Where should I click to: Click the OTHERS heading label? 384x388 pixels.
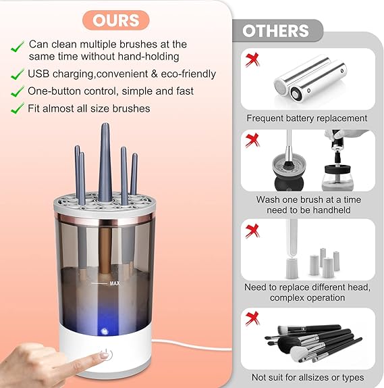coord(275,31)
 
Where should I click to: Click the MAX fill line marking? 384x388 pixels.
coord(115,285)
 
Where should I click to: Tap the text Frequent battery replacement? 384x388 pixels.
coord(306,118)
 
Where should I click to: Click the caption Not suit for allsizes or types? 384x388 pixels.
coord(306,377)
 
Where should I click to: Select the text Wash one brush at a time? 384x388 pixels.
coord(308,199)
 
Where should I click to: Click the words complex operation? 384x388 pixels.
coord(307,297)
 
